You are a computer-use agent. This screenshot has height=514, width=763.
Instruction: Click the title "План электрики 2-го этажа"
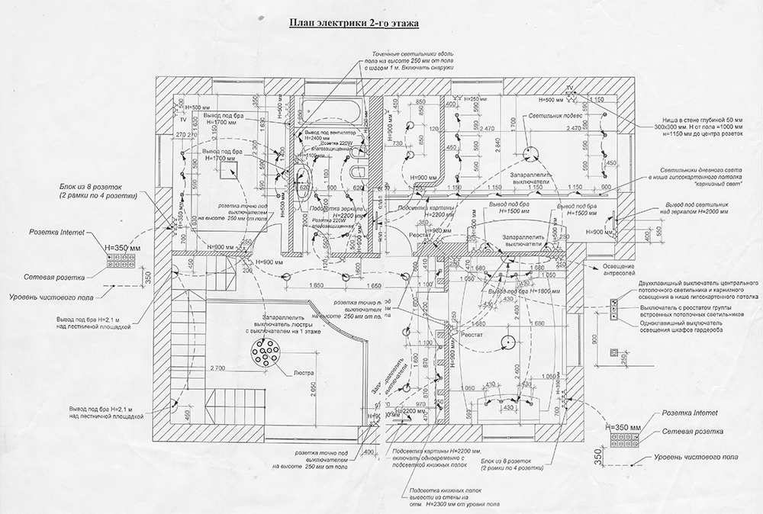pos(352,24)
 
